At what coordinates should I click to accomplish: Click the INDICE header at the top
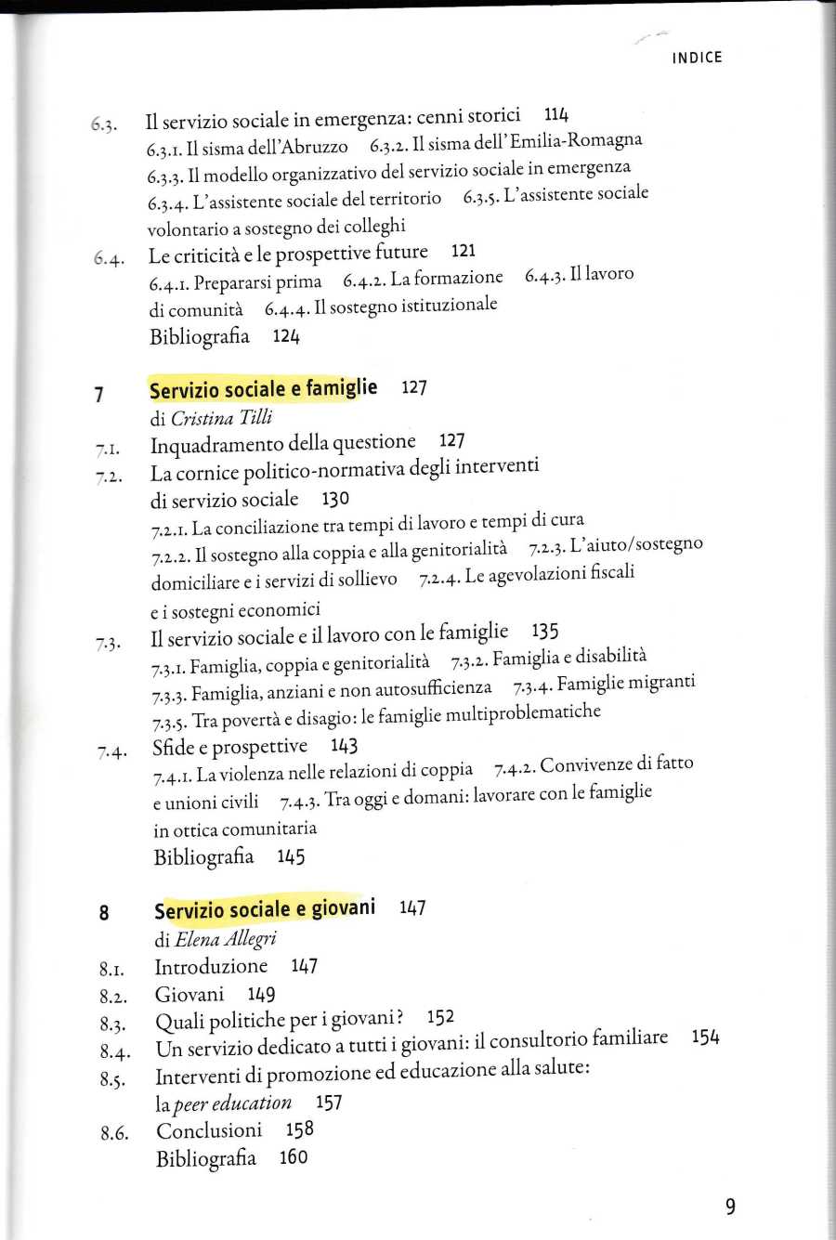pyautogui.click(x=697, y=58)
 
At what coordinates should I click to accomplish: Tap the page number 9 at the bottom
pyautogui.click(x=730, y=1207)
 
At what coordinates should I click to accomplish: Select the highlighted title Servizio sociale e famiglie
pyautogui.click(x=263, y=389)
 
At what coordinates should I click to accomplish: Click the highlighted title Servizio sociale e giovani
pyautogui.click(x=265, y=908)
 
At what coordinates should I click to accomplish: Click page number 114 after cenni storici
pyautogui.click(x=556, y=114)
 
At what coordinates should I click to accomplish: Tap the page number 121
pyautogui.click(x=463, y=251)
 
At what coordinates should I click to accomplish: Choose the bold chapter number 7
pyautogui.click(x=98, y=395)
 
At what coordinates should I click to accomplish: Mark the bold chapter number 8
pyautogui.click(x=104, y=913)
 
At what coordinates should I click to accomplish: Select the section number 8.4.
pyautogui.click(x=113, y=1052)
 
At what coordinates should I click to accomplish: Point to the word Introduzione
pyautogui.click(x=211, y=966)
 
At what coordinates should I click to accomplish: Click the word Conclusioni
pyautogui.click(x=209, y=1130)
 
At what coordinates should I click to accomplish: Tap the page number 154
pyautogui.click(x=705, y=1038)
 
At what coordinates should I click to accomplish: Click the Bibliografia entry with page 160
pyautogui.click(x=206, y=1158)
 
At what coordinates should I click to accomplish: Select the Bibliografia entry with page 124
pyautogui.click(x=200, y=336)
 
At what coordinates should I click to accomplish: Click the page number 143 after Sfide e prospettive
pyautogui.click(x=344, y=746)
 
